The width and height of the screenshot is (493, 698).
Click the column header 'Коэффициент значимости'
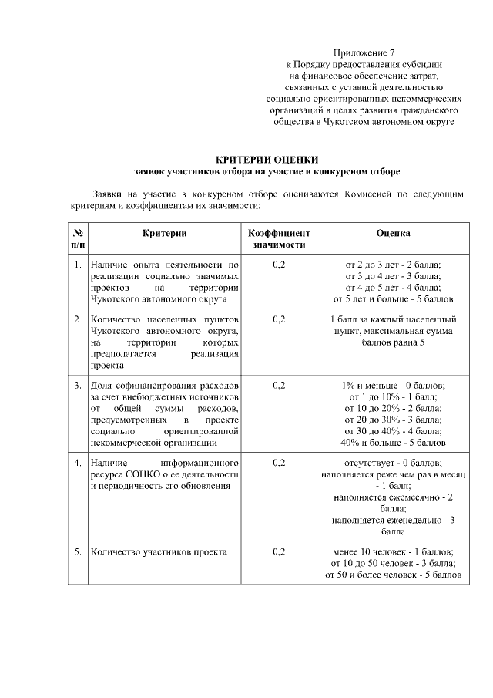pyautogui.click(x=278, y=238)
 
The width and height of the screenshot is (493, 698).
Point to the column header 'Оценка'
pyautogui.click(x=393, y=233)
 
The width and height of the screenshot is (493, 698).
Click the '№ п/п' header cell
pyautogui.click(x=78, y=238)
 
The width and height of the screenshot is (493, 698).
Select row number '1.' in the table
pyautogui.click(x=78, y=265)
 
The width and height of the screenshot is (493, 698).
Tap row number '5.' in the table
pyautogui.click(x=78, y=551)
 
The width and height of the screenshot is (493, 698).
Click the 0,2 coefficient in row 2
pyautogui.click(x=278, y=319)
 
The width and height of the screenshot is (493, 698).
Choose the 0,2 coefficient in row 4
pyautogui.click(x=278, y=463)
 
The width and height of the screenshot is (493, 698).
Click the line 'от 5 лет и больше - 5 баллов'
pyautogui.click(x=393, y=298)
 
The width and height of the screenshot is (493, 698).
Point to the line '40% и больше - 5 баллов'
pyautogui.click(x=393, y=443)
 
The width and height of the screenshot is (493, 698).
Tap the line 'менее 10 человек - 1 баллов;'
pyautogui.click(x=393, y=551)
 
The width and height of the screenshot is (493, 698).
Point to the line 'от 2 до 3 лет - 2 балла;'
pyautogui.click(x=393, y=265)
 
